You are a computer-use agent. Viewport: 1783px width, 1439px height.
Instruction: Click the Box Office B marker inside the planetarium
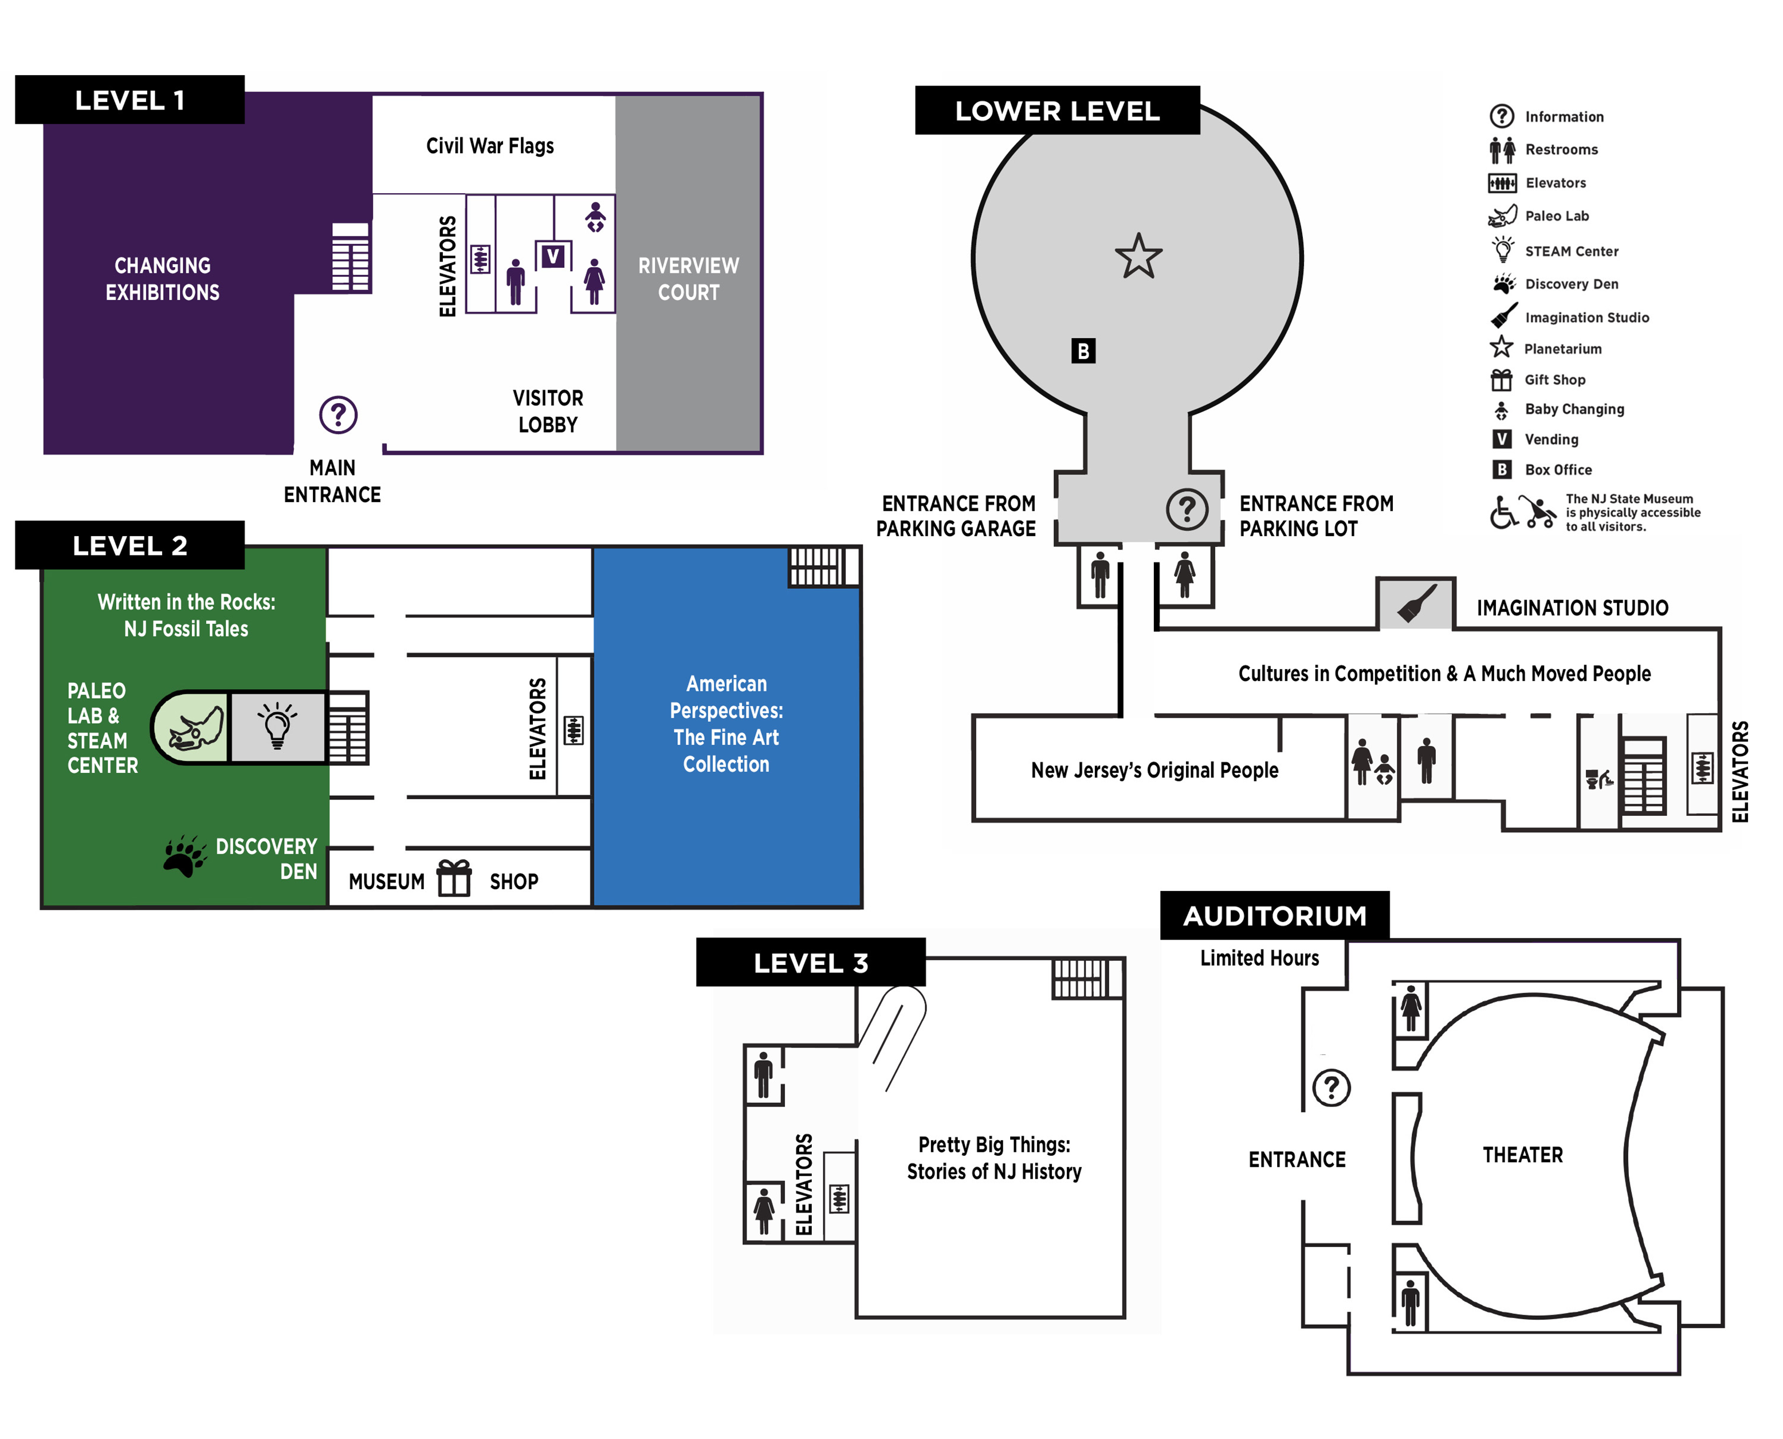pos(1083,351)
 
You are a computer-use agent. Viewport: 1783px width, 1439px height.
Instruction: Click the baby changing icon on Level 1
pos(595,217)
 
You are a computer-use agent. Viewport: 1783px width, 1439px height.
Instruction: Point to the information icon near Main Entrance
pos(338,415)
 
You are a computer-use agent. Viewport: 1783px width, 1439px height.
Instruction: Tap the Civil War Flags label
pos(490,146)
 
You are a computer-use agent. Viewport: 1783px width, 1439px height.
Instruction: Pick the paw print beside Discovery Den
pos(184,857)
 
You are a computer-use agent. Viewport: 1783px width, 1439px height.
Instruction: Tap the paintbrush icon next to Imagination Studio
pos(1417,604)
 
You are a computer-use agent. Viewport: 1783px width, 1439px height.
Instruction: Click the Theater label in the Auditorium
pos(1522,1155)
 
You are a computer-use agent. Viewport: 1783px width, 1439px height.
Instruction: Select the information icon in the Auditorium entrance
pos(1332,1087)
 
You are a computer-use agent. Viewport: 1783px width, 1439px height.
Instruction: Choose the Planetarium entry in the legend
pos(1562,349)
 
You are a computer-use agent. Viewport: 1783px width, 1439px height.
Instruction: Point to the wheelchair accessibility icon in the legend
pos(1502,513)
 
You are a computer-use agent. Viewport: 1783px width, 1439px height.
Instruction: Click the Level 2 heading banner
pos(130,545)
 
